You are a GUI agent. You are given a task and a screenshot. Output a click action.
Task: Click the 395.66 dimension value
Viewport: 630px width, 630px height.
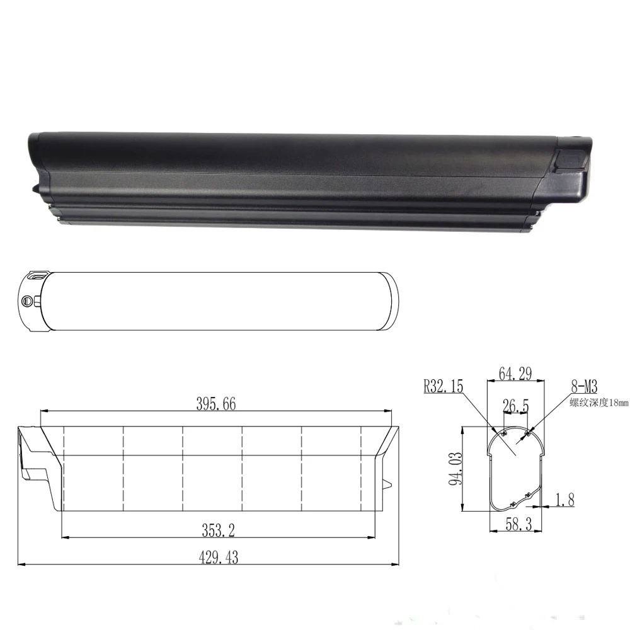tap(215, 404)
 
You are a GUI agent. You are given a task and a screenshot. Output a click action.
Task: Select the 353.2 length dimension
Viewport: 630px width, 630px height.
tap(218, 530)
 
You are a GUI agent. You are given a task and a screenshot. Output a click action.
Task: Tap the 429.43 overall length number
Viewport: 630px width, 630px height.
tap(219, 558)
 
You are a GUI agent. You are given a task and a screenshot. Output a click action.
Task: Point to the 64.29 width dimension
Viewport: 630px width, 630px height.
tap(515, 373)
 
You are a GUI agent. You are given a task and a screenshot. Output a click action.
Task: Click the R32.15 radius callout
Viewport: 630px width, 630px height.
tap(444, 386)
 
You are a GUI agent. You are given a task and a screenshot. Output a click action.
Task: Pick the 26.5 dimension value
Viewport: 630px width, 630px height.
tap(516, 406)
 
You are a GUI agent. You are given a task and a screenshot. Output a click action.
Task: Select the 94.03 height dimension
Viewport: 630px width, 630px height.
tap(455, 469)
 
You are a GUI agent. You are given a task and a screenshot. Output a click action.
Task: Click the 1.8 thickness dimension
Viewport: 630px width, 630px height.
tap(564, 500)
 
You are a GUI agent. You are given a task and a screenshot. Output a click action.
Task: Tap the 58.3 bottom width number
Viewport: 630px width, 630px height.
tap(518, 524)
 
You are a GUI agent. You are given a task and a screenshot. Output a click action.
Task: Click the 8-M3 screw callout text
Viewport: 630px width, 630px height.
tap(584, 387)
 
